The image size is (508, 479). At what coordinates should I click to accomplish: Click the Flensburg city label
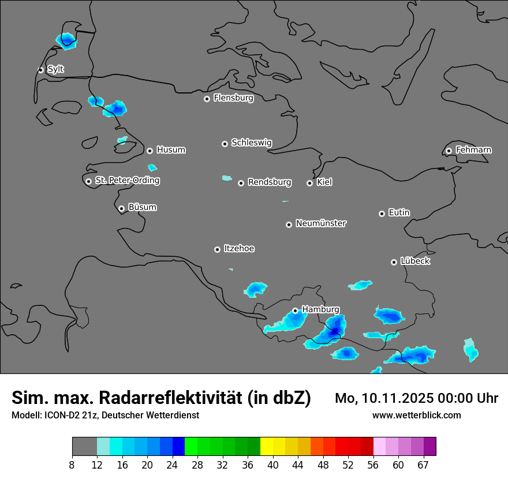(x=233, y=98)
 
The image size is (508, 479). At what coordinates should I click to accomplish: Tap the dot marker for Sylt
(x=41, y=70)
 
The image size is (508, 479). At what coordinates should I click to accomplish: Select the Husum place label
(x=171, y=150)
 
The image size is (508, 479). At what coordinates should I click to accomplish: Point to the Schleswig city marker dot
(x=225, y=144)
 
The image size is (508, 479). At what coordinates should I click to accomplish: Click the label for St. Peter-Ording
(x=128, y=181)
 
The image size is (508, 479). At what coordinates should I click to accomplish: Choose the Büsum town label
(x=142, y=207)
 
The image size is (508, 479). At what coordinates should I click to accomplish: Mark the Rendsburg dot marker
(x=241, y=183)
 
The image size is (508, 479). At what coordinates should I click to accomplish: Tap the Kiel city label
(x=324, y=182)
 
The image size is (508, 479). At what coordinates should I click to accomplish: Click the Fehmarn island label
(x=473, y=150)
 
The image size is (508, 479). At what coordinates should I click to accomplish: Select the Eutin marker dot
(x=382, y=214)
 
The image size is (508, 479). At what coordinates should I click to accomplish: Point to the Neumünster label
(x=321, y=223)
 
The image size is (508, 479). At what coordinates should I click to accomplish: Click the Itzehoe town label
(x=239, y=249)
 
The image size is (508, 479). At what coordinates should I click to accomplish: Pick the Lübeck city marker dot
(x=394, y=262)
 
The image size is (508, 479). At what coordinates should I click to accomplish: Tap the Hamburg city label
(x=320, y=309)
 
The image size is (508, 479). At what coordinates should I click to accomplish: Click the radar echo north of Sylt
(x=66, y=40)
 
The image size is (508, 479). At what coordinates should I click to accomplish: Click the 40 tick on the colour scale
(x=273, y=465)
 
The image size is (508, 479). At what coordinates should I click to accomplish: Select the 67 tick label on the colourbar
(x=423, y=465)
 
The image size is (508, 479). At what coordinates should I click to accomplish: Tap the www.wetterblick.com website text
(x=416, y=415)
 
